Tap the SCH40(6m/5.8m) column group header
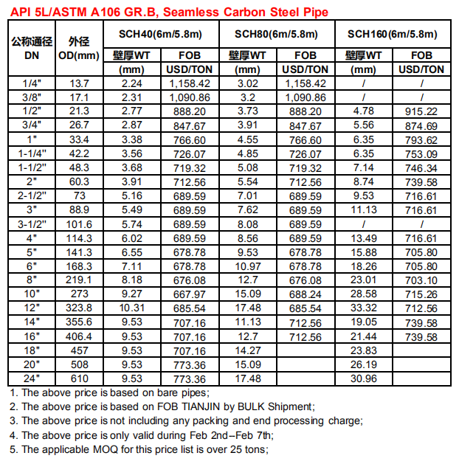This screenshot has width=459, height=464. pyautogui.click(x=160, y=34)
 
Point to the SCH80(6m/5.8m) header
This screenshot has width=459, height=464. pyautogui.click(x=276, y=34)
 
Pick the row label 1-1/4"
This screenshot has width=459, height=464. pyautogui.click(x=32, y=153)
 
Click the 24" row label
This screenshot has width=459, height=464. pyautogui.click(x=32, y=378)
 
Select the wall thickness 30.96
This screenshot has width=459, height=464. pyautogui.click(x=364, y=378)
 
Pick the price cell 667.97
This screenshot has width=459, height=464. pyautogui.click(x=190, y=294)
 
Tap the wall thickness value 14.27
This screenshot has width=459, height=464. pyautogui.click(x=247, y=350)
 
